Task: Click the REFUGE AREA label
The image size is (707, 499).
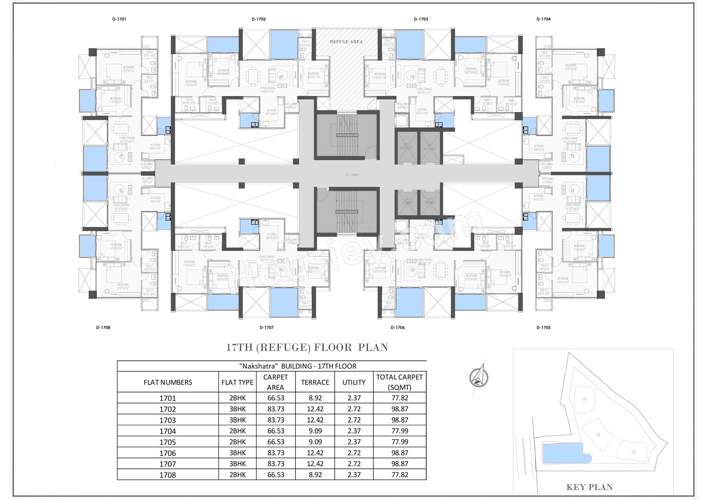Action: pyautogui.click(x=346, y=42)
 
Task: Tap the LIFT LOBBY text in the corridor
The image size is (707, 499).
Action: pyautogui.click(x=352, y=175)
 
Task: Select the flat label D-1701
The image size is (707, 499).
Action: pyautogui.click(x=119, y=19)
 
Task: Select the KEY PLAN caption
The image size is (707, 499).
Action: pyautogui.click(x=589, y=487)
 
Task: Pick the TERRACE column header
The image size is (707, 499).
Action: pyautogui.click(x=315, y=382)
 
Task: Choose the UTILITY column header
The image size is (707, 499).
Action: pyautogui.click(x=354, y=382)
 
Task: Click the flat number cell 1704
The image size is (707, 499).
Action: pyautogui.click(x=168, y=431)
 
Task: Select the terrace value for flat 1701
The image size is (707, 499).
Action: pyautogui.click(x=315, y=398)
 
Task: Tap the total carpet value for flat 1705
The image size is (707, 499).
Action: pyautogui.click(x=400, y=442)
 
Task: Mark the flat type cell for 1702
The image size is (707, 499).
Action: pyautogui.click(x=237, y=409)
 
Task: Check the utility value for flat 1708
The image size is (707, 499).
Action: pyautogui.click(x=354, y=475)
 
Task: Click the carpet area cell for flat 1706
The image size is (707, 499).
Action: pyautogui.click(x=276, y=453)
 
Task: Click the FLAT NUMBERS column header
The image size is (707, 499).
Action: pyautogui.click(x=168, y=382)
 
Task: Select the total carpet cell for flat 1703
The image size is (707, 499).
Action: pyautogui.click(x=400, y=420)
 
